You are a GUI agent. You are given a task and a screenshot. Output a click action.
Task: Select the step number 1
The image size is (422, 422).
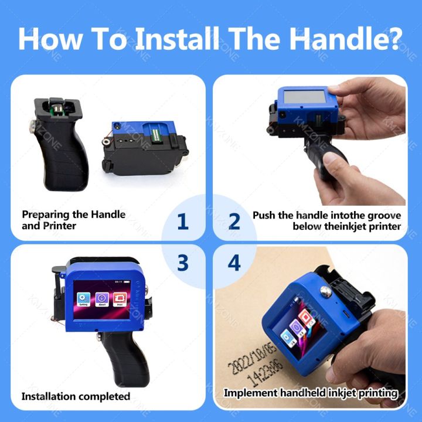183,222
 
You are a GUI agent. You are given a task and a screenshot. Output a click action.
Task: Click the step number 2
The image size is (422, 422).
234,222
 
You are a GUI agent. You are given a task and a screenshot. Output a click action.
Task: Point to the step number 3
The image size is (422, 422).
183,263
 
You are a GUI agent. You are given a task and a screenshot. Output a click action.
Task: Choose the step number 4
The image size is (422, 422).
234,263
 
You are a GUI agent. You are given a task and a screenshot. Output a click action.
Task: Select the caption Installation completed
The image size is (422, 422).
76,396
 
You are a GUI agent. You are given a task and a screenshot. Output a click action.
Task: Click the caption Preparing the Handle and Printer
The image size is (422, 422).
73,220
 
